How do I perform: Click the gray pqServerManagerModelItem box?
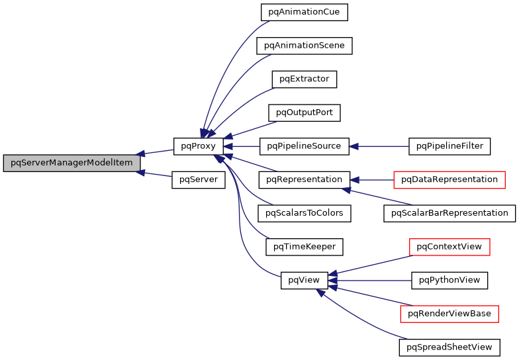(x=71, y=163)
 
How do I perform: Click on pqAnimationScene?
(x=305, y=46)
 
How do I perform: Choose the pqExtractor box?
(x=305, y=79)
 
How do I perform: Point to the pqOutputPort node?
(x=305, y=112)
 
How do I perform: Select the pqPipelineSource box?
(x=305, y=146)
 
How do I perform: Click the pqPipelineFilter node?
(x=450, y=146)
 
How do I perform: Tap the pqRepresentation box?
(x=305, y=179)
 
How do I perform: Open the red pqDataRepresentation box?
(x=449, y=179)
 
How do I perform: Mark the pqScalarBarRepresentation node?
(x=449, y=213)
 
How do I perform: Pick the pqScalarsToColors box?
(x=305, y=213)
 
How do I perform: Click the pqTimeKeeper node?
(x=305, y=247)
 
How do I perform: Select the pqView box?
(x=305, y=280)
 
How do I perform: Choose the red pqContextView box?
(x=449, y=247)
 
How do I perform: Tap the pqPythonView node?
(x=449, y=280)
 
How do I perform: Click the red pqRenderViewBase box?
(x=449, y=314)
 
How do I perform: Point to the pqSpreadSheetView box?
(x=449, y=347)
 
